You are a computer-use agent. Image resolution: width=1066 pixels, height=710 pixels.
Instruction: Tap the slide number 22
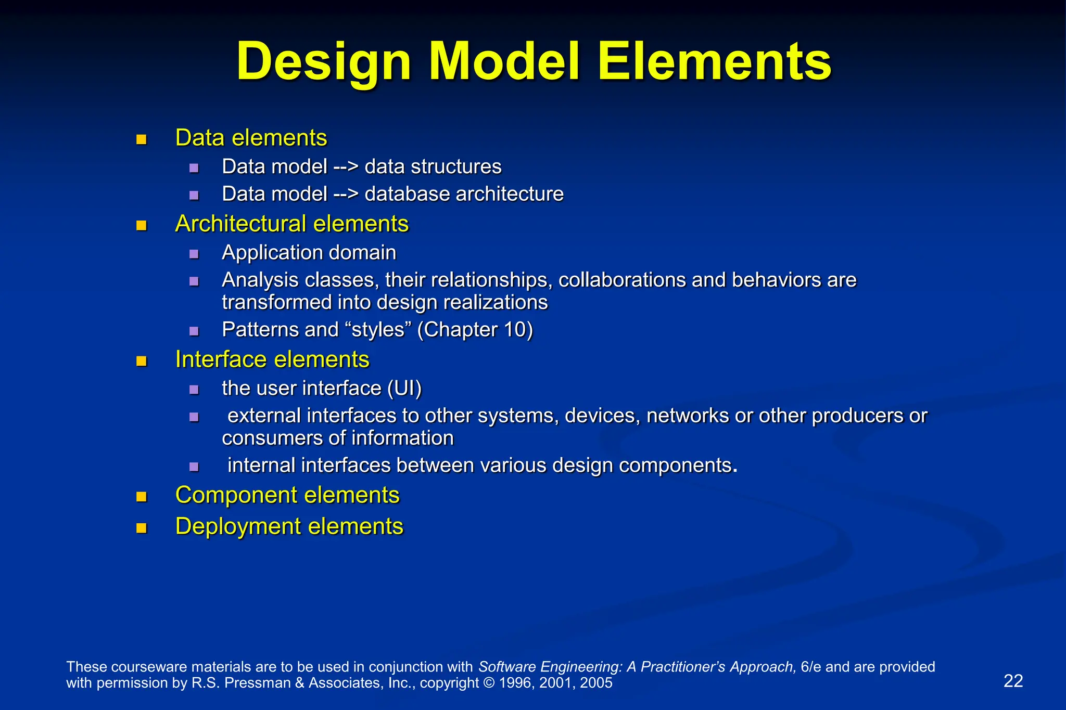(x=1013, y=681)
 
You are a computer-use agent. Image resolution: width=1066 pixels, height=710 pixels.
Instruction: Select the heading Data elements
(x=251, y=138)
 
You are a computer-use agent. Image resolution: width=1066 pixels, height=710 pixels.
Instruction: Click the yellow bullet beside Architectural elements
(x=141, y=225)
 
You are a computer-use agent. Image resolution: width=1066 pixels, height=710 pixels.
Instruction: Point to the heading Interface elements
(x=272, y=360)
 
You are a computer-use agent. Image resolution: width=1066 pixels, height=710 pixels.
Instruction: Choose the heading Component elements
(x=287, y=495)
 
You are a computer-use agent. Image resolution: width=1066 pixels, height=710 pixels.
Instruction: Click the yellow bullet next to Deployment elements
(x=141, y=528)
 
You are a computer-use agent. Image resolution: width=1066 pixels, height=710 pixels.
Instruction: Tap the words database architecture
(x=464, y=194)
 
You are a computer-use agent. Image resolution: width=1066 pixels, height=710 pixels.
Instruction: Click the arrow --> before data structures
(x=346, y=167)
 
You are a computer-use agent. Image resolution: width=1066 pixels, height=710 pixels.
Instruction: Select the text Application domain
(x=309, y=253)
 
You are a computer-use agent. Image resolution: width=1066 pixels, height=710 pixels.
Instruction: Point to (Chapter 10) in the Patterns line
(x=475, y=330)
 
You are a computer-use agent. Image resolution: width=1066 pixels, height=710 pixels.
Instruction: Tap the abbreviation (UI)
(x=404, y=389)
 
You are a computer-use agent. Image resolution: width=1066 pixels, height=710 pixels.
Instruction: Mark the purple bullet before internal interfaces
(x=194, y=467)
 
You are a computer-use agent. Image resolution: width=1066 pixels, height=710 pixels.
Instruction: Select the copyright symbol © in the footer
(x=489, y=683)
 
